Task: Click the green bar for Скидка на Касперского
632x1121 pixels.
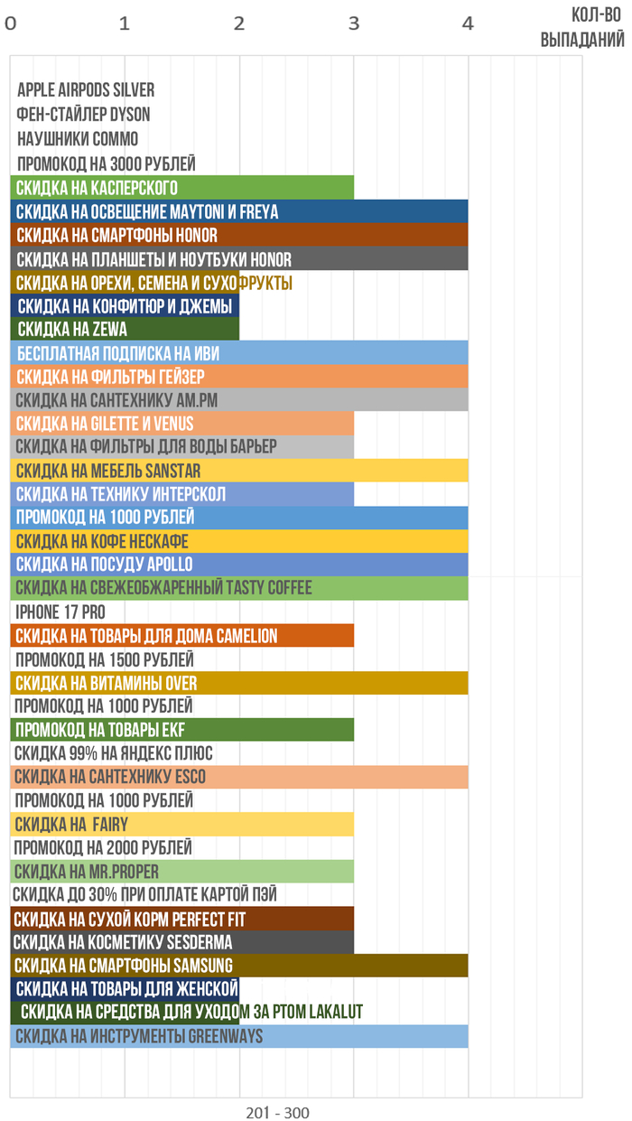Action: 181,188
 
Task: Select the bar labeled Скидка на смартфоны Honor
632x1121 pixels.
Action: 239,235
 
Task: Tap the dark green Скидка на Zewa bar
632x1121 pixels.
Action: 125,330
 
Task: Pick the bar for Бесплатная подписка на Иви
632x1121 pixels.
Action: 239,353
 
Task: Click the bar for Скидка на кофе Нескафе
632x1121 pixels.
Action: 239,541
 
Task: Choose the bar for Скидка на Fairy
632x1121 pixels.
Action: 181,824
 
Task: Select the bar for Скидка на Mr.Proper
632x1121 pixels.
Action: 181,872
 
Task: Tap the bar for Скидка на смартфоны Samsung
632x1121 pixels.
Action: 239,966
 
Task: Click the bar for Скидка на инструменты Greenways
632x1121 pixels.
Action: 239,1036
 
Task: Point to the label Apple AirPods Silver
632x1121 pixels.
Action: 86,90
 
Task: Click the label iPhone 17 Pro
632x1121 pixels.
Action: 60,612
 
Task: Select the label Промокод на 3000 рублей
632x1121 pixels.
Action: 106,163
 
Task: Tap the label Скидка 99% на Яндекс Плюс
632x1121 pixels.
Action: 114,753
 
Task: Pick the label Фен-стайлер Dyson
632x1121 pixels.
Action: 83,115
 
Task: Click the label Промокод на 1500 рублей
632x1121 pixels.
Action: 104,659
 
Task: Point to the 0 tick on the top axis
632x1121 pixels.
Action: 11,24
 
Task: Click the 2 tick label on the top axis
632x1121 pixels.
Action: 239,24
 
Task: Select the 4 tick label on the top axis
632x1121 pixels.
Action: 468,24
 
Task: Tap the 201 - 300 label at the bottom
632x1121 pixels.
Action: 277,1113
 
